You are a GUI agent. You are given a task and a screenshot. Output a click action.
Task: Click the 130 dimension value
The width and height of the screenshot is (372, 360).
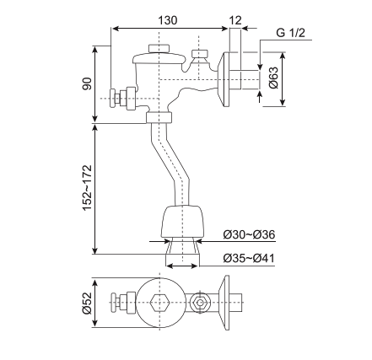[168, 19]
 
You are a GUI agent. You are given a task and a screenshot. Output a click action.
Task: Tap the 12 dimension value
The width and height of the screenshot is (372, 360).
[235, 19]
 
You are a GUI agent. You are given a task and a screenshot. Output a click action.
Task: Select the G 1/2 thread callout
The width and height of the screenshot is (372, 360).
[289, 33]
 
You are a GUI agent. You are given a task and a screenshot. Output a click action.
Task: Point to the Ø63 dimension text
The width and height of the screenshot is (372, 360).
[273, 78]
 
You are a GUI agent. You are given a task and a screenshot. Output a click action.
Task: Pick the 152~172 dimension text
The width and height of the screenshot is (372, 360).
[86, 187]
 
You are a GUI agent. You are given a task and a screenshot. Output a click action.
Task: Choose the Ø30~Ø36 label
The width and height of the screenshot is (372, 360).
[249, 234]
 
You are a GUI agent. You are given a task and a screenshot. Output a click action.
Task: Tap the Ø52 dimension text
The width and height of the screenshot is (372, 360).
[86, 301]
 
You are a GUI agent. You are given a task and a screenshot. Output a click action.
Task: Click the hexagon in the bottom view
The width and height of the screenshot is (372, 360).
[160, 301]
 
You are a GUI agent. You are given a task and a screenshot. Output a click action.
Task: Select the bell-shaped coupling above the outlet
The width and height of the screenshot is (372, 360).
[183, 221]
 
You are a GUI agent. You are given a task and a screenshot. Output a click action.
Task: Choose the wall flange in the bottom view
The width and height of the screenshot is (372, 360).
[225, 301]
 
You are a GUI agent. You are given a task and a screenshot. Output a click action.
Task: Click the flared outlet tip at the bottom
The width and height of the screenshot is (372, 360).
[183, 251]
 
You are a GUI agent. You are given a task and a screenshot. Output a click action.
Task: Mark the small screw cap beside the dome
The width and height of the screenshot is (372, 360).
[199, 56]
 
